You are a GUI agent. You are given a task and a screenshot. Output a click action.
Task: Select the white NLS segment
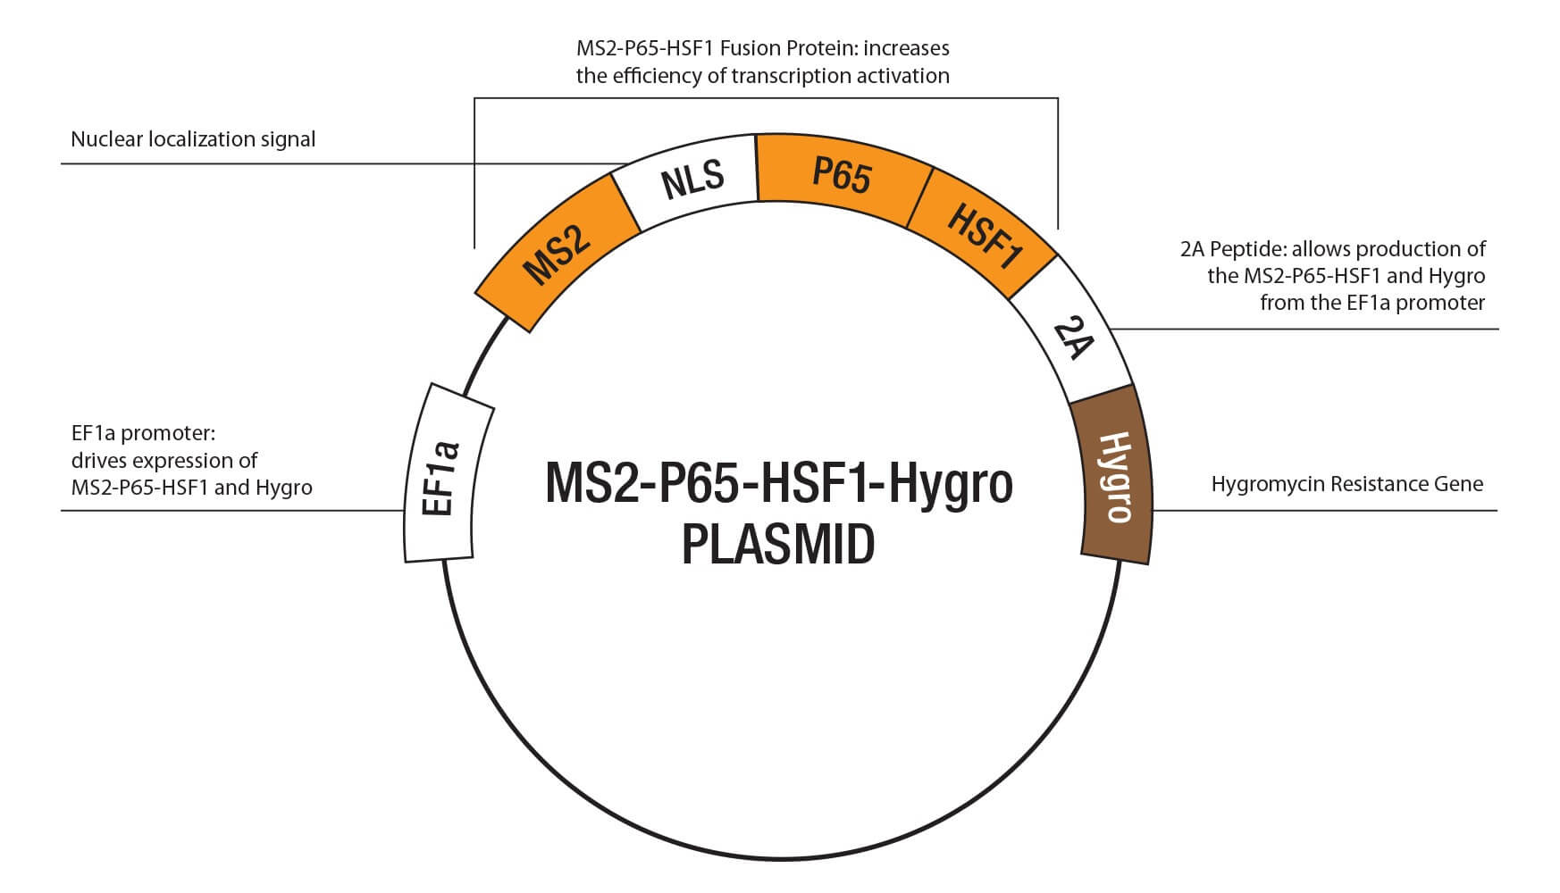(x=692, y=180)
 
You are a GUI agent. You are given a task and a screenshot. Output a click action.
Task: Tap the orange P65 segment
(x=841, y=175)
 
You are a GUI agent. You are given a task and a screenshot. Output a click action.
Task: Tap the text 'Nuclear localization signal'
(x=193, y=139)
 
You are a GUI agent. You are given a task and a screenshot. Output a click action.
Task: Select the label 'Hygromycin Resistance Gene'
(x=1346, y=484)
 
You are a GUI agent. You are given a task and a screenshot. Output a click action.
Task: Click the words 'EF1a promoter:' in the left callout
(x=144, y=433)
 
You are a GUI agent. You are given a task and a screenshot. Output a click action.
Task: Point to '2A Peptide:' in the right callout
(x=1233, y=248)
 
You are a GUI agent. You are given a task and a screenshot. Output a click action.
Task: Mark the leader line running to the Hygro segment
(x=1322, y=511)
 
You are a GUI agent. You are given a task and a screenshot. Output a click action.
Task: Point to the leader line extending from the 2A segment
(x=1304, y=330)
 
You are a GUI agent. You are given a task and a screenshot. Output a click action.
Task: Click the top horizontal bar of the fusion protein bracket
(x=766, y=98)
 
